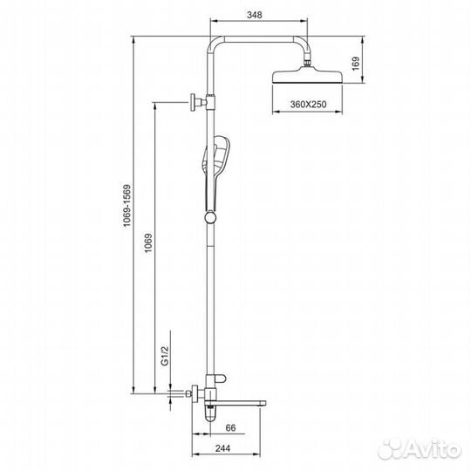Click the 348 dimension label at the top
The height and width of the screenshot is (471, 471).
point(257,15)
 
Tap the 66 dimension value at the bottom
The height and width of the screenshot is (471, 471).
point(229,428)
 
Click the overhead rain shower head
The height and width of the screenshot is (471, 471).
point(309,76)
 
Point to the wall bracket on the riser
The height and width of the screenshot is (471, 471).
point(196,105)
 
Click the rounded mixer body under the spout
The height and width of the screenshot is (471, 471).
point(212,410)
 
